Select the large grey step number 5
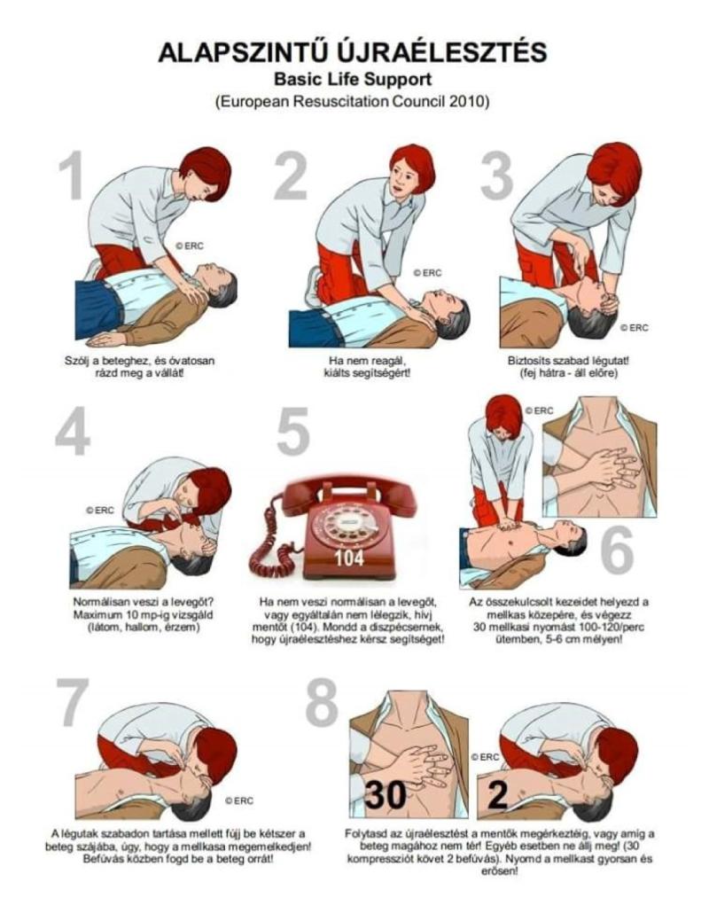(293, 432)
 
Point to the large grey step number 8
(322, 701)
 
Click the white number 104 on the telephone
(349, 558)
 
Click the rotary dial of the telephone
(346, 525)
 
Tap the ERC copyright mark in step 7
(239, 800)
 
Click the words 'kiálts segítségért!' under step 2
(367, 373)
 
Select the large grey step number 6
(617, 550)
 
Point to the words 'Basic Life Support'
(353, 79)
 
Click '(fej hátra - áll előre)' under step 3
(568, 373)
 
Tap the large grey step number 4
(73, 432)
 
